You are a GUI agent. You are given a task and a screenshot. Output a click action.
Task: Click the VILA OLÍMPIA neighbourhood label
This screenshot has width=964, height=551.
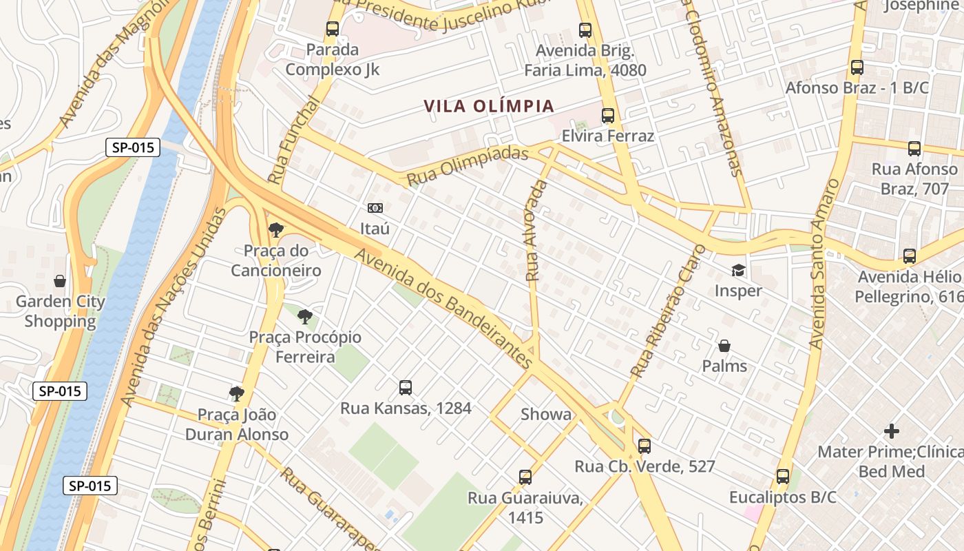(x=489, y=106)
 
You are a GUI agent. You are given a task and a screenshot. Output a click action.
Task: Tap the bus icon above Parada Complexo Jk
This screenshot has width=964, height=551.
(x=333, y=29)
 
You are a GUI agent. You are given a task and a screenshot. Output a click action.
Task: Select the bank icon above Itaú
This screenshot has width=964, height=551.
(x=375, y=207)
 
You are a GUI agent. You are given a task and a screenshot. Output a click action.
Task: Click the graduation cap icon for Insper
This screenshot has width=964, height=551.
(x=738, y=270)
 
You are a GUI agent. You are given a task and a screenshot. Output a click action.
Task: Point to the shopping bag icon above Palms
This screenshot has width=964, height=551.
(x=724, y=345)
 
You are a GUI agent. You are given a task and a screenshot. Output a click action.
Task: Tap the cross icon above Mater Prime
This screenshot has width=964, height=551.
(x=892, y=432)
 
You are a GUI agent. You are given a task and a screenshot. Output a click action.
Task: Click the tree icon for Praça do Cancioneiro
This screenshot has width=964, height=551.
(x=276, y=230)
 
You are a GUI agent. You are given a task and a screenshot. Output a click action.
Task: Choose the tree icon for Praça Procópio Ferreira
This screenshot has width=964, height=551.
(x=305, y=317)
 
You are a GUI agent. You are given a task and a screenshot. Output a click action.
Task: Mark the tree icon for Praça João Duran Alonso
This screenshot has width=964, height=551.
(x=237, y=394)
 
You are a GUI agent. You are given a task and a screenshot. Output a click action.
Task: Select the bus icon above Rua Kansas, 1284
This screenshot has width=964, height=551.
(x=406, y=388)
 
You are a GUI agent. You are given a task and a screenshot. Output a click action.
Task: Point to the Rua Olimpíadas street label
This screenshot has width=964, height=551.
(x=468, y=166)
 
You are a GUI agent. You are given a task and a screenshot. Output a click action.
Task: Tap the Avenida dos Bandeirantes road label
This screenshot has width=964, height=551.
(x=444, y=308)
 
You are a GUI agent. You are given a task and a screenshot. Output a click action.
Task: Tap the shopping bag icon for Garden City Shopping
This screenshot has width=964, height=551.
(x=60, y=281)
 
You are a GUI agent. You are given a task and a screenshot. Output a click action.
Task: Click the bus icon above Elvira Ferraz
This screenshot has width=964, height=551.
(x=608, y=116)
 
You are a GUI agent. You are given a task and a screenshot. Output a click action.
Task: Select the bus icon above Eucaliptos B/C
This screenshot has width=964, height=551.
(x=783, y=477)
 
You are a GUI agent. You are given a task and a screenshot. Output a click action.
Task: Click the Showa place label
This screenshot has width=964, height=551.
(x=546, y=415)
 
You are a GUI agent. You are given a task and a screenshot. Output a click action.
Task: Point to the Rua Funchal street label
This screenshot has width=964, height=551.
(x=293, y=140)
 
